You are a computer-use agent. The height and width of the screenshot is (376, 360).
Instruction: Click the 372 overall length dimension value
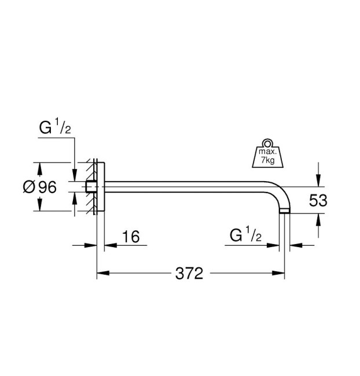point(189,273)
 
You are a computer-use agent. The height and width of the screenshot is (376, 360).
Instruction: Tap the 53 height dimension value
point(318,200)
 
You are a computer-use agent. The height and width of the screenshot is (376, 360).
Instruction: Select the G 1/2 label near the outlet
point(246,236)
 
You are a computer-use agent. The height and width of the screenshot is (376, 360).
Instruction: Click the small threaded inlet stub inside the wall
point(90,186)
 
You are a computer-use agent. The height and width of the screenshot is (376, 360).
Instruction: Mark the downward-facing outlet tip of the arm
point(285,212)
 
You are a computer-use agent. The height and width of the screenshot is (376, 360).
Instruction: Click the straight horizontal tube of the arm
point(185,186)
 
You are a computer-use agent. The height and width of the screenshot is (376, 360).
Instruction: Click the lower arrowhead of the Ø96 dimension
point(39,207)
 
